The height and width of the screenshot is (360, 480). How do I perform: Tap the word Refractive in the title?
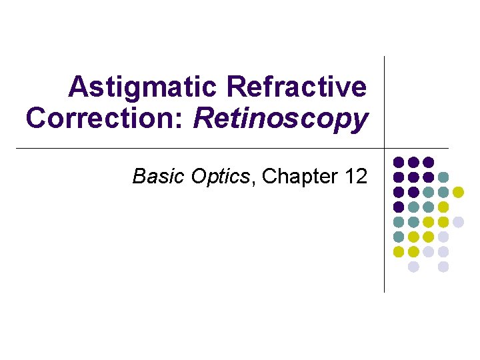coord(297,87)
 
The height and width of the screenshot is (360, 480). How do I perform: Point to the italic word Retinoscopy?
coord(280,119)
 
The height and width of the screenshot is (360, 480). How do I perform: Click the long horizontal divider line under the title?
coord(200,148)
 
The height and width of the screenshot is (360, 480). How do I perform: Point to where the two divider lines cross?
coord(385,148)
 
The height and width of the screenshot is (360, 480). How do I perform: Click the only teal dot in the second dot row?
coord(443,177)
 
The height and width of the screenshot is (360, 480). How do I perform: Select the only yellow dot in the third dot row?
coord(458,192)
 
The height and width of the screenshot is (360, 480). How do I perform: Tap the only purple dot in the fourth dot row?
coord(399,207)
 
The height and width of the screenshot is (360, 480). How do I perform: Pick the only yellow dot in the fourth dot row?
coord(443,207)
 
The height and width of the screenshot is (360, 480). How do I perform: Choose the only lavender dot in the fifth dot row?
coord(458,222)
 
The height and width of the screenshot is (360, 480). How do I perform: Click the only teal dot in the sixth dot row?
coord(399,237)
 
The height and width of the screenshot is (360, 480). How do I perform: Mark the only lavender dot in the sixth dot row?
coord(443,237)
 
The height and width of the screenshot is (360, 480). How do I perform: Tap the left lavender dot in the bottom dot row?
coord(413,267)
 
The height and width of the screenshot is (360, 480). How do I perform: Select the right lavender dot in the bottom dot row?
coord(443,267)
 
